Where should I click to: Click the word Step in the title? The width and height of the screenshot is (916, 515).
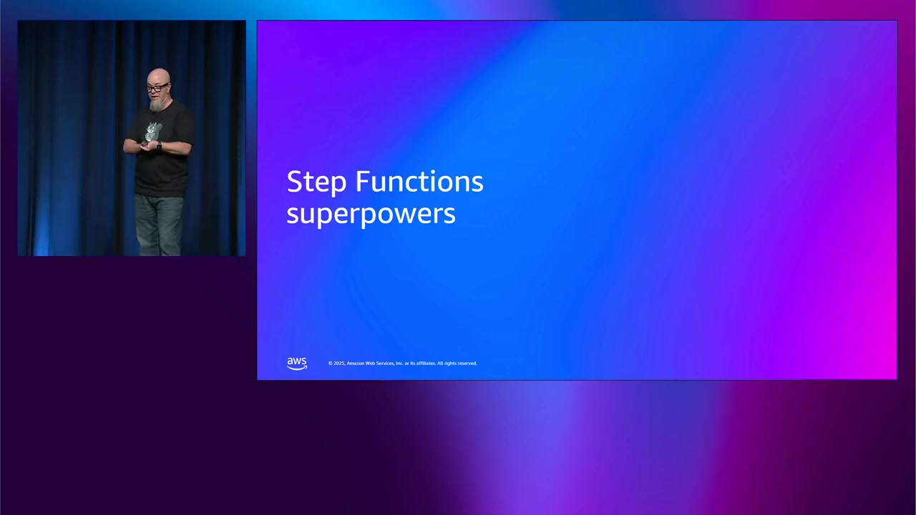[317, 182]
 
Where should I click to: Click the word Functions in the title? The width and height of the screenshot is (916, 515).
[419, 182]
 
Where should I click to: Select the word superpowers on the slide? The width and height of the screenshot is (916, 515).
[371, 214]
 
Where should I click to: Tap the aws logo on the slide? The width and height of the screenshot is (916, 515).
[297, 363]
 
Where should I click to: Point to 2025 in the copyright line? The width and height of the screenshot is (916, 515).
[338, 363]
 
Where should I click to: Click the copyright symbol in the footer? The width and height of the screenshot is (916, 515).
[331, 363]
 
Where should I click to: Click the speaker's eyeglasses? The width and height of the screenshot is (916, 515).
[155, 88]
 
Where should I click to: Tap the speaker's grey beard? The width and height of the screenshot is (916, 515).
[156, 105]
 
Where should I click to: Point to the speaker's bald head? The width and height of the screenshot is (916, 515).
[159, 74]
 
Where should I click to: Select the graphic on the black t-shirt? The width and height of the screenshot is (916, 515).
[153, 131]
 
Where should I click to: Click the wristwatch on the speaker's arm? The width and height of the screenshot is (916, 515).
[159, 146]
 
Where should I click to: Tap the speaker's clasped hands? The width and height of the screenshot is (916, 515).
[146, 144]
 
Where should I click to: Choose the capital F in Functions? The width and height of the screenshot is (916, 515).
[362, 182]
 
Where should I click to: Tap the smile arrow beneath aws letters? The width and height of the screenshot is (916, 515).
[297, 368]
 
